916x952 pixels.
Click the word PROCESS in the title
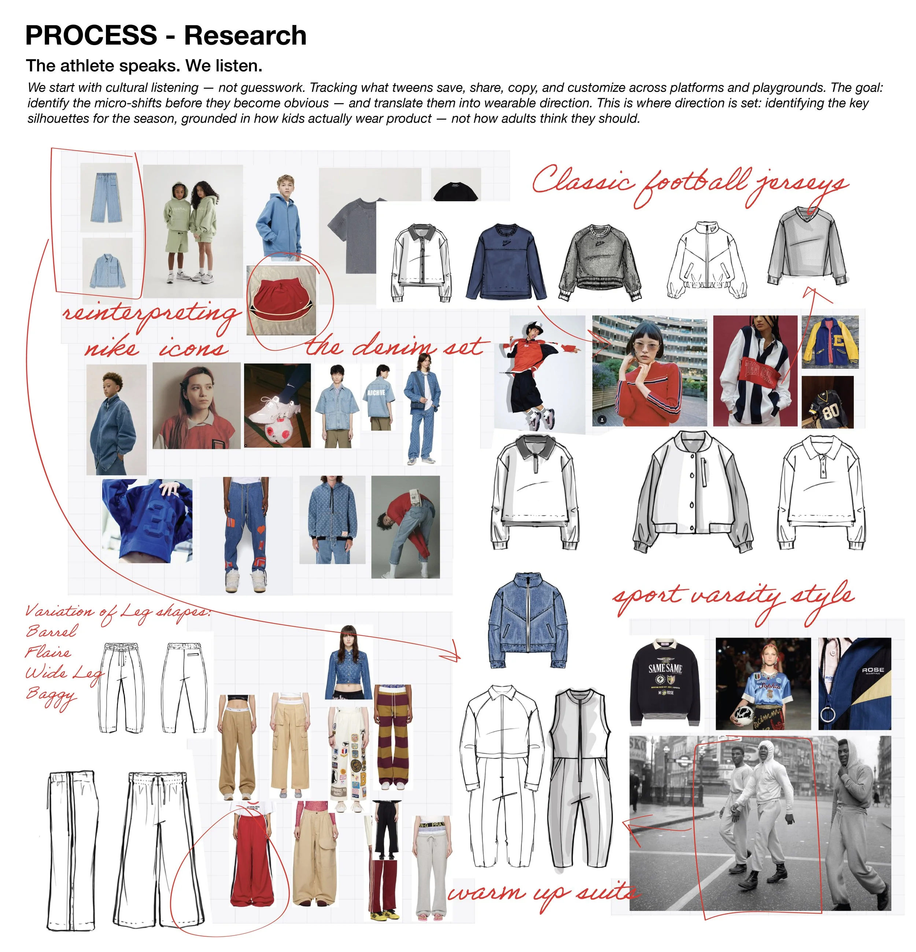(x=91, y=36)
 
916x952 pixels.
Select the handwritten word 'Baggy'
(x=51, y=694)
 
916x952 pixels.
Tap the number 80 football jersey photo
(x=827, y=402)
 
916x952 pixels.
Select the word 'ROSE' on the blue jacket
(x=873, y=670)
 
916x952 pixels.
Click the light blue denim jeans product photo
(x=106, y=197)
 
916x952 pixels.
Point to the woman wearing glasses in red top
(x=649, y=372)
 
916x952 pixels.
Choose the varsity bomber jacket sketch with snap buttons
(x=692, y=491)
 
